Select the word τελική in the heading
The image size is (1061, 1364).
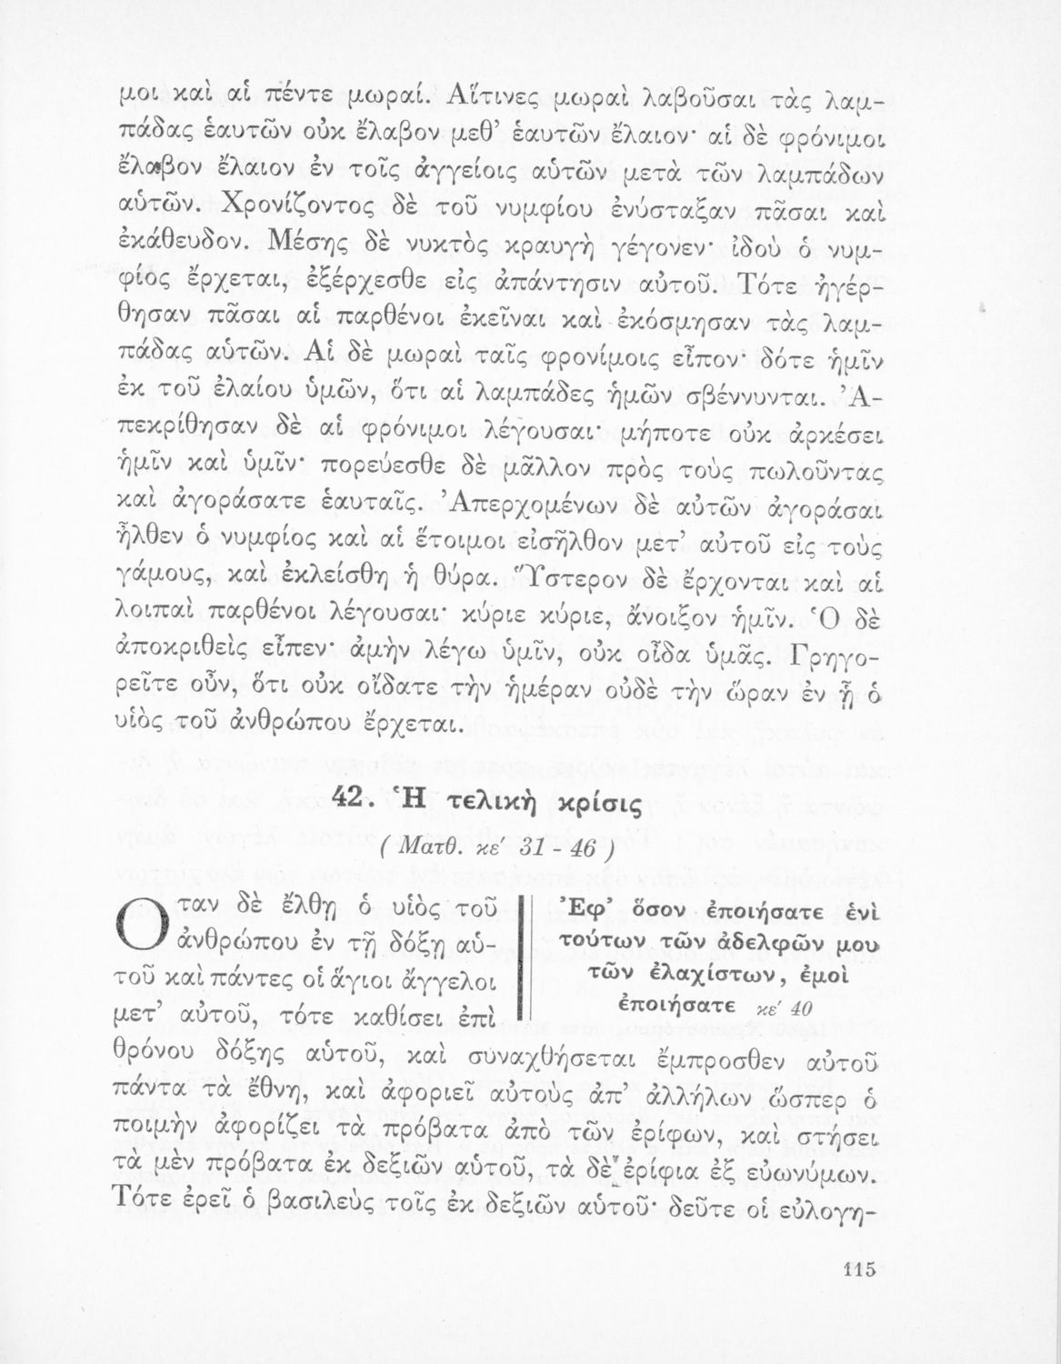click(x=483, y=803)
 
